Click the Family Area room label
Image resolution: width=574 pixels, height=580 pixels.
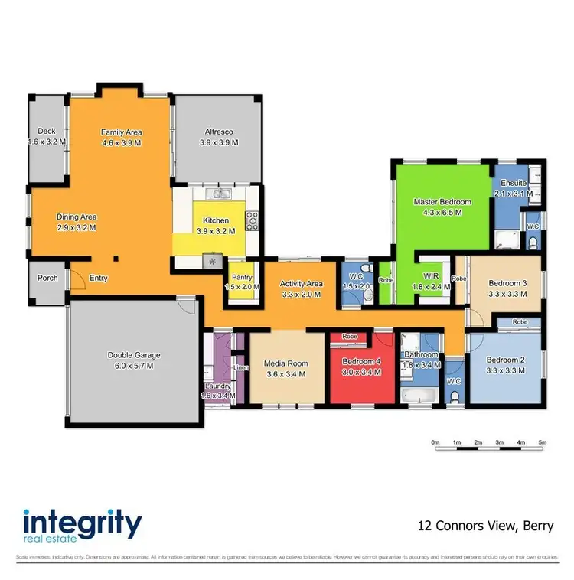click(x=122, y=132)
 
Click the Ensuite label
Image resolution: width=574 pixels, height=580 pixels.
click(x=513, y=184)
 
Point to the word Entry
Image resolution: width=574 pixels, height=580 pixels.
click(x=98, y=278)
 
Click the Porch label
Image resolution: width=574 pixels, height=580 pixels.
click(x=47, y=278)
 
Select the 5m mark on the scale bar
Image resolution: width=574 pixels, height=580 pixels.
click(x=543, y=443)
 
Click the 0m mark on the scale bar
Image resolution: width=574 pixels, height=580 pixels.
click(x=435, y=443)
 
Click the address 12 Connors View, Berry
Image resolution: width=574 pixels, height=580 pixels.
click(x=485, y=526)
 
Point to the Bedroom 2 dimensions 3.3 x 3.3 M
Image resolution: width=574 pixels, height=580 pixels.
click(x=505, y=370)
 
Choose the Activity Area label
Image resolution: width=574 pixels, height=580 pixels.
click(x=301, y=283)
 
